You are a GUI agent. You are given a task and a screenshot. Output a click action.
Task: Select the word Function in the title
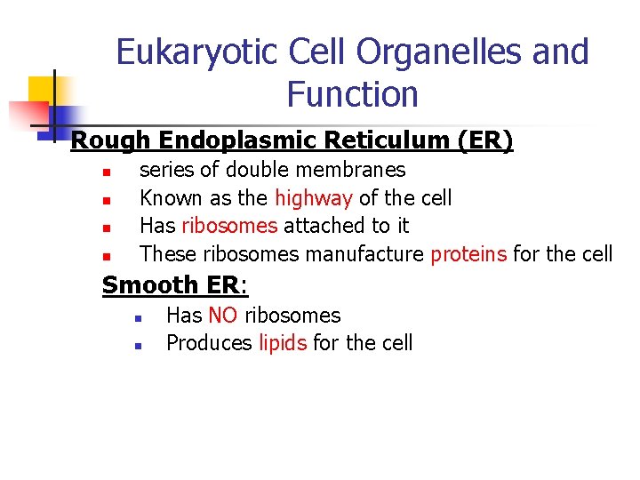pyautogui.click(x=353, y=93)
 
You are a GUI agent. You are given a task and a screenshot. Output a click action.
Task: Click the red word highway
pyautogui.click(x=314, y=197)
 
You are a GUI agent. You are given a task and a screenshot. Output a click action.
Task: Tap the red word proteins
pyautogui.click(x=468, y=254)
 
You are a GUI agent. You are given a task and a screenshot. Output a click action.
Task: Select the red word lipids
pyautogui.click(x=283, y=343)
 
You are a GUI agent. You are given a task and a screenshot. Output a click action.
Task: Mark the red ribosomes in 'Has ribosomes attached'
pyautogui.click(x=229, y=226)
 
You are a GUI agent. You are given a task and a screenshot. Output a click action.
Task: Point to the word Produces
pyautogui.click(x=210, y=343)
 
